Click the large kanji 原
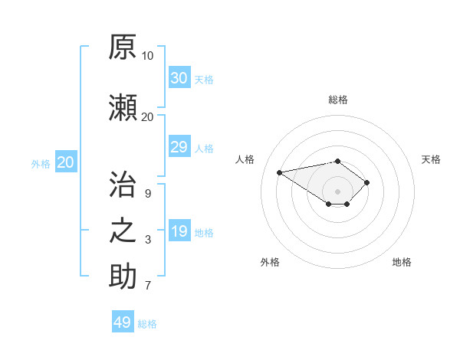[x=123, y=47]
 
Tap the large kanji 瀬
[x=123, y=107]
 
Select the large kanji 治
[x=123, y=184]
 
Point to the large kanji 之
[x=123, y=231]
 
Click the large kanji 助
[x=123, y=276]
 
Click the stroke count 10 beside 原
[x=147, y=56]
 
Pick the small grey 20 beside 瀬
[x=147, y=117]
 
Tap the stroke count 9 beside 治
[x=148, y=194]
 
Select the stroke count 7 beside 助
[x=148, y=285]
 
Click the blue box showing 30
[x=179, y=77]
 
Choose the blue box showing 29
[x=179, y=146]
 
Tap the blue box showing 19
[x=179, y=230]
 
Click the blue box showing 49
[x=123, y=321]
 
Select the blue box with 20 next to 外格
[x=66, y=162]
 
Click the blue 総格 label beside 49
[x=147, y=324]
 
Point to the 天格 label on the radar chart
[x=431, y=159]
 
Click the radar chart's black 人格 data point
[x=279, y=172]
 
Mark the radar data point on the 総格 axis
[x=337, y=162]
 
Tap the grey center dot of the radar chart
[x=337, y=191]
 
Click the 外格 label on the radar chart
[x=270, y=262]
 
